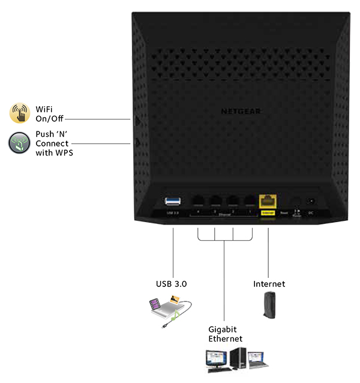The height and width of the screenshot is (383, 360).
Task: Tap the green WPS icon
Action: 19,144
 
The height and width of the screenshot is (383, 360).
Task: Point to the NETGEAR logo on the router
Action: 241,110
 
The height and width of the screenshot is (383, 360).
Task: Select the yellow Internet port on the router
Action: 267,202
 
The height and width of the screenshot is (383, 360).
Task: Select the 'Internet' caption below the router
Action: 268,283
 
